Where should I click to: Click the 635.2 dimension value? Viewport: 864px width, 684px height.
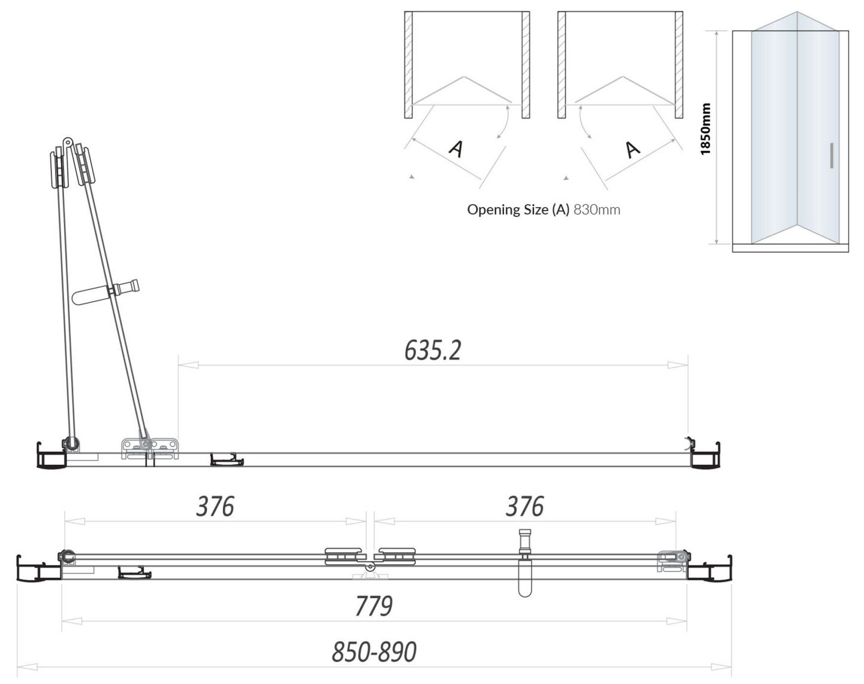point(432,350)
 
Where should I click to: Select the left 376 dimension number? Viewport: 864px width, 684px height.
point(215,507)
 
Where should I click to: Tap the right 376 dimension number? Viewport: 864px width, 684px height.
point(524,507)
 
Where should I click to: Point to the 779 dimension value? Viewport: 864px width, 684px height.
point(374,606)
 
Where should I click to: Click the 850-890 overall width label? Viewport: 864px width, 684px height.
point(374,652)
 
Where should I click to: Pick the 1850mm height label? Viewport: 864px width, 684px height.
point(706,129)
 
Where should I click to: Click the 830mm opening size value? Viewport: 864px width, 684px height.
point(597,210)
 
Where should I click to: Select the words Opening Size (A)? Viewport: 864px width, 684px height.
point(518,210)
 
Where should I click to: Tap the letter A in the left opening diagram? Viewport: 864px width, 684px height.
point(456,148)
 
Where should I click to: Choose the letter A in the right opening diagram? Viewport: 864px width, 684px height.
point(632,148)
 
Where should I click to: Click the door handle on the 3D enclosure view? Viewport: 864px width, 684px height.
point(832,156)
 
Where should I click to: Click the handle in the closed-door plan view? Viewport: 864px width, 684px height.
point(525,563)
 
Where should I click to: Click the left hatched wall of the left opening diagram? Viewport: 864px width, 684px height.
point(408,65)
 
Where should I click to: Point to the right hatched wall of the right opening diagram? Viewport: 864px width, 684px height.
point(679,65)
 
